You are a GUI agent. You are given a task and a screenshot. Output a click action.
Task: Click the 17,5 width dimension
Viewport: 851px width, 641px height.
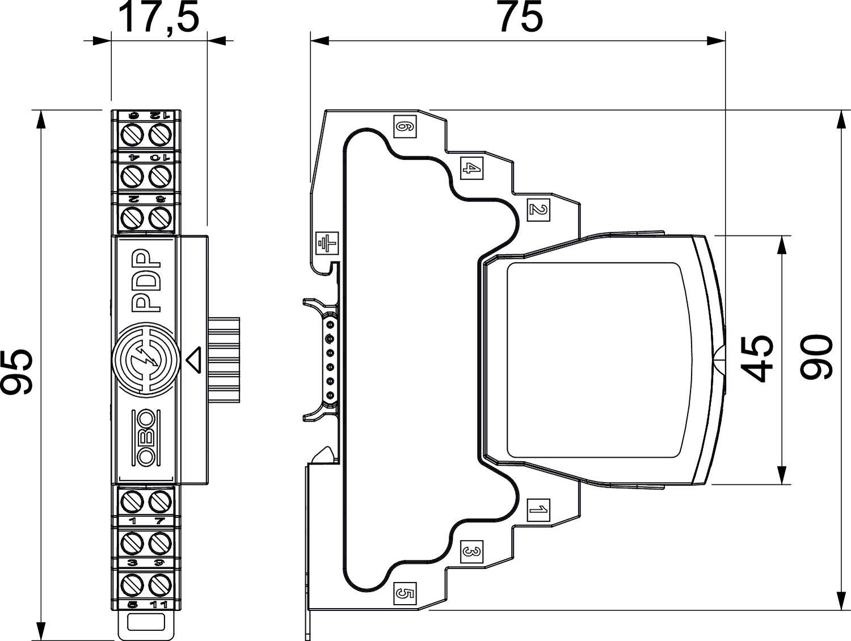[x=158, y=19]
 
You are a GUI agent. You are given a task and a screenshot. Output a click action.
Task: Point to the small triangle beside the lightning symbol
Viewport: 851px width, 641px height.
[x=194, y=359]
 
